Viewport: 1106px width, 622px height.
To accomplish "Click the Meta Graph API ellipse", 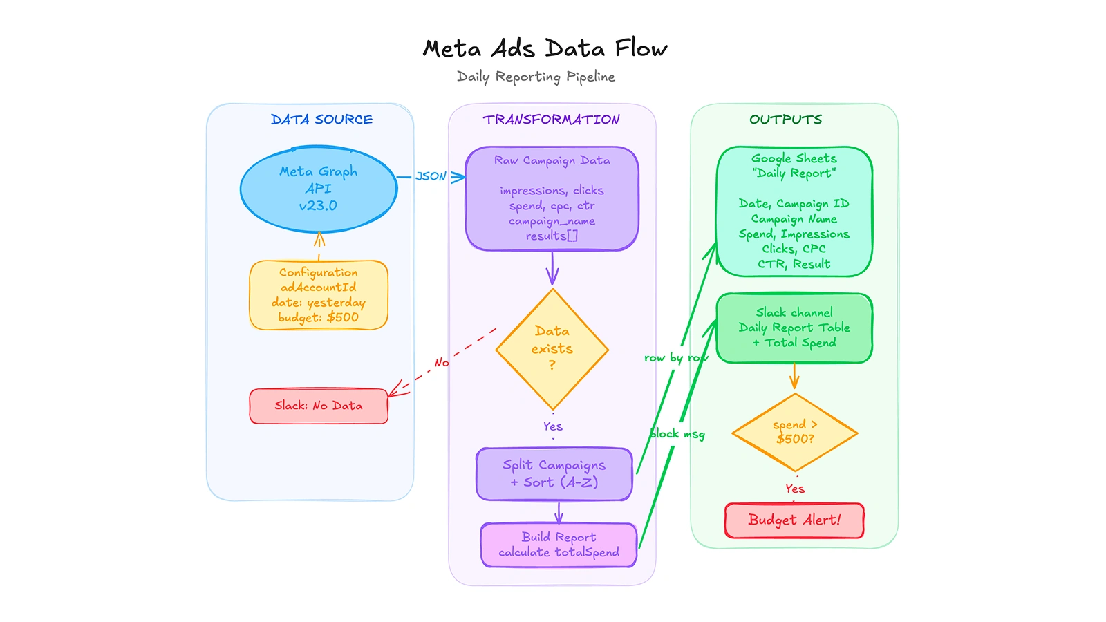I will click(319, 189).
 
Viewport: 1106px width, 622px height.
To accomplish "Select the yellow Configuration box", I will click(319, 295).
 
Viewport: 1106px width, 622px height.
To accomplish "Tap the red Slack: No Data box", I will click(319, 406).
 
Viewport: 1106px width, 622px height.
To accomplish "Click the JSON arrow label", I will click(431, 176).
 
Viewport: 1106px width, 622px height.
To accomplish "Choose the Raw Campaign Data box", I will click(552, 198).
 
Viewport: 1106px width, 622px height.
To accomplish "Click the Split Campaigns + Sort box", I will click(554, 474).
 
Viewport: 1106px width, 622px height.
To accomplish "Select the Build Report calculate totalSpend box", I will click(559, 545).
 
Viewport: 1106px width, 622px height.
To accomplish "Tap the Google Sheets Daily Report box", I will click(794, 211).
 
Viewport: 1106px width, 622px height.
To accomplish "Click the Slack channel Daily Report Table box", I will click(794, 328).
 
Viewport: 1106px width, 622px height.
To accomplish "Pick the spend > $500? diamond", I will click(795, 433).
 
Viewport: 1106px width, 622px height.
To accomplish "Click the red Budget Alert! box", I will click(794, 520).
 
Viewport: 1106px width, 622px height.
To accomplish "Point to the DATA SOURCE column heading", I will click(321, 120).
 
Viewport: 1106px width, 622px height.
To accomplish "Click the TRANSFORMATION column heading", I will click(551, 120).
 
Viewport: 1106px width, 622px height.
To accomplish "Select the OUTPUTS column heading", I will click(785, 120).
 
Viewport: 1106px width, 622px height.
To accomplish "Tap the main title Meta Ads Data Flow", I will click(545, 49).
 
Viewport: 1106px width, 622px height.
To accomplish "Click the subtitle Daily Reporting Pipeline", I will click(536, 77).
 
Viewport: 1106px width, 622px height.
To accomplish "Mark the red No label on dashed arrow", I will click(442, 362).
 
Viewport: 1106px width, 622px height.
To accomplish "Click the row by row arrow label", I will click(675, 358).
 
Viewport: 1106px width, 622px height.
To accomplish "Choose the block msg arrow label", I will click(677, 434).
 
